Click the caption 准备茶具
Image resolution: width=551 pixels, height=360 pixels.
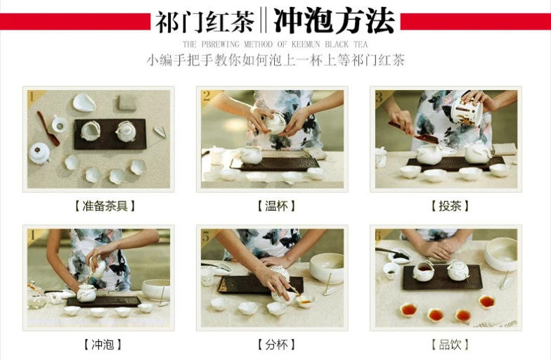(105, 206)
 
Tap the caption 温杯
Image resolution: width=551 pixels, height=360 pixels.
(276, 206)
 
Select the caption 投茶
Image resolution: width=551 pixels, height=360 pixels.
(450, 206)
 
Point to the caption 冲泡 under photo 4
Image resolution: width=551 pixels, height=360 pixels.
(103, 345)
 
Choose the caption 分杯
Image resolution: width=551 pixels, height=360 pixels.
(276, 345)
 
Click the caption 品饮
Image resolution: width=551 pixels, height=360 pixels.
(450, 345)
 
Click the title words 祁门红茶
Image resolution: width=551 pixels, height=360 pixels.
(205, 22)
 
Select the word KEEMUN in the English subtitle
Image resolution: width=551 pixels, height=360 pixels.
(305, 45)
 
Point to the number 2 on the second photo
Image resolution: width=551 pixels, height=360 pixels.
(207, 96)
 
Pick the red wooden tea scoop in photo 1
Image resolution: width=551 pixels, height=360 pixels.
(48, 128)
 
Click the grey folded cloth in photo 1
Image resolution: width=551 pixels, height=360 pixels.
(127, 103)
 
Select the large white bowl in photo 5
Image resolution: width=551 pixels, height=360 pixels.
(327, 267)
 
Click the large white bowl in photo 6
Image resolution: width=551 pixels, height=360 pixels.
(501, 254)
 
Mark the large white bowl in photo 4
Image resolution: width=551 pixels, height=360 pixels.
(156, 290)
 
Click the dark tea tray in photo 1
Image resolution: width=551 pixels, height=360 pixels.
(110, 134)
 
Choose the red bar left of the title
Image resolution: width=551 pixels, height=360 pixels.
(75, 21)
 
